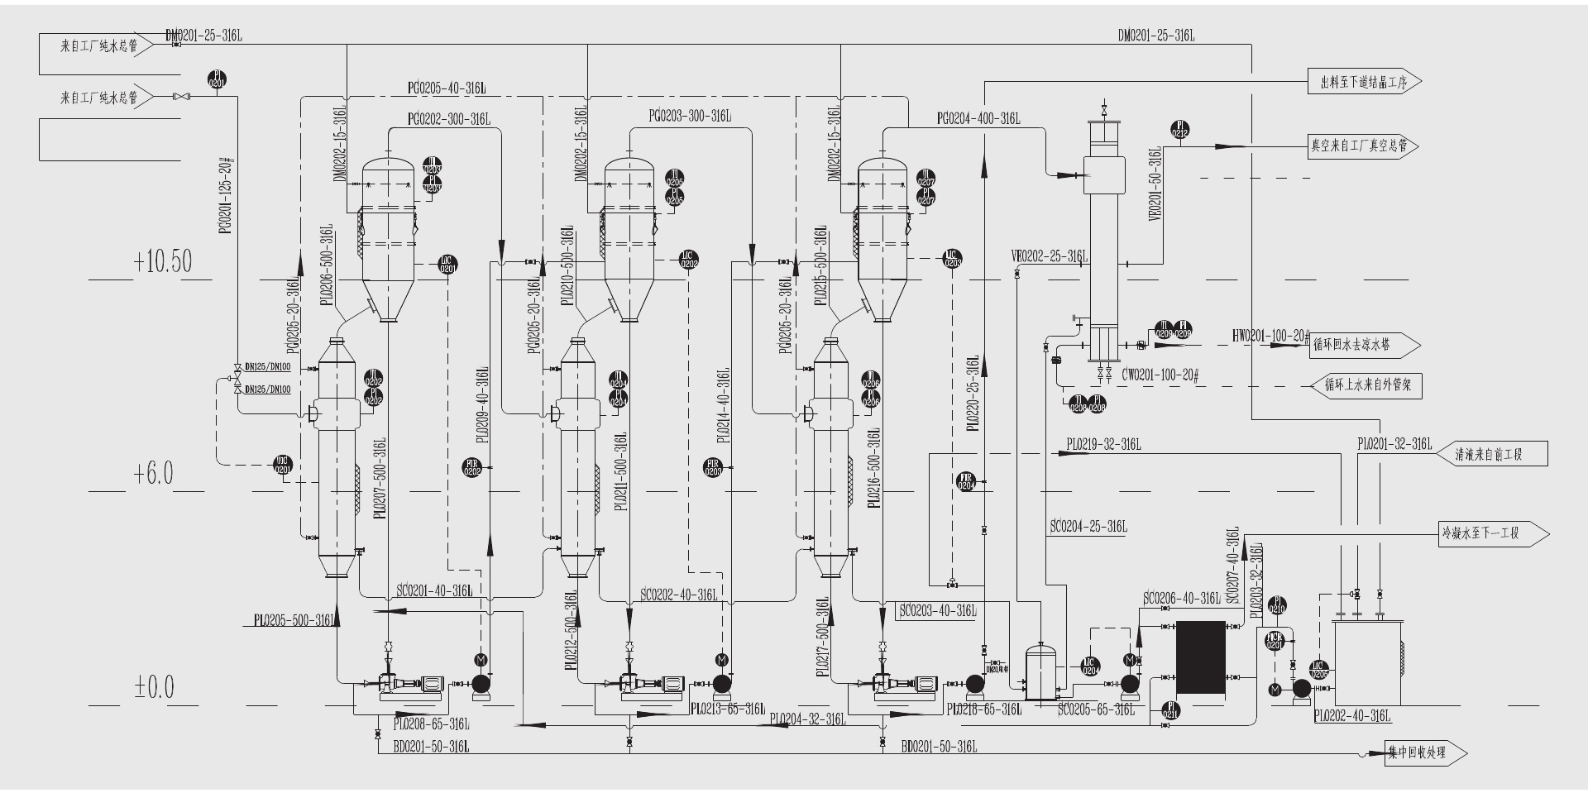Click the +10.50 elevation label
[x=162, y=261]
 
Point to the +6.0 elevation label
[x=154, y=474]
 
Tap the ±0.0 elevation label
[x=154, y=687]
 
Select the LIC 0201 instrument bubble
[x=447, y=265]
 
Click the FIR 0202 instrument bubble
[x=472, y=467]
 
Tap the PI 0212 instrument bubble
[x=1180, y=130]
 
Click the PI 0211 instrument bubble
[x=1170, y=710]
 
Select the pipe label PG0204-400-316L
[x=978, y=119]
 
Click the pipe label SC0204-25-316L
[x=1088, y=527]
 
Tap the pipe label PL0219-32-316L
[x=1103, y=445]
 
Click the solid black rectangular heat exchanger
[x=1200, y=657]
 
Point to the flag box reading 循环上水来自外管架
[x=1367, y=385]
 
